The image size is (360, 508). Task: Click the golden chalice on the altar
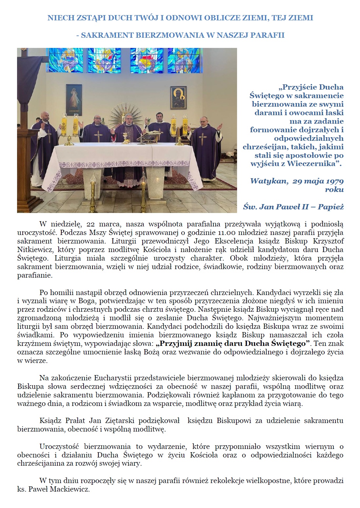[125, 138]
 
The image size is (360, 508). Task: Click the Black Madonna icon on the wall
[178, 98]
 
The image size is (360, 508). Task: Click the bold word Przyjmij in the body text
[174, 344]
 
